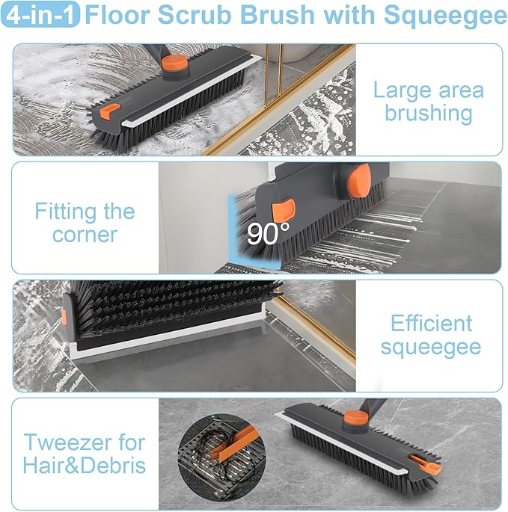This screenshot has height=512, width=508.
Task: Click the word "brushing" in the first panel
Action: coord(429,114)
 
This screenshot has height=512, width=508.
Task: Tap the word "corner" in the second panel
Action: coord(85,235)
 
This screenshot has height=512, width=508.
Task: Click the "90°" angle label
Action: coord(268,234)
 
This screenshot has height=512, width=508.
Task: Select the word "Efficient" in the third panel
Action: coord(432,324)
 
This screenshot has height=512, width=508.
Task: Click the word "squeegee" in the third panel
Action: coord(430,347)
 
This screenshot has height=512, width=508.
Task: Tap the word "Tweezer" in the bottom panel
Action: coord(83,442)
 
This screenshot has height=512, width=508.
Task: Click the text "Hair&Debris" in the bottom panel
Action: coord(85,466)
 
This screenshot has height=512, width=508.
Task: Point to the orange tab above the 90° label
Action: coord(284,210)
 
